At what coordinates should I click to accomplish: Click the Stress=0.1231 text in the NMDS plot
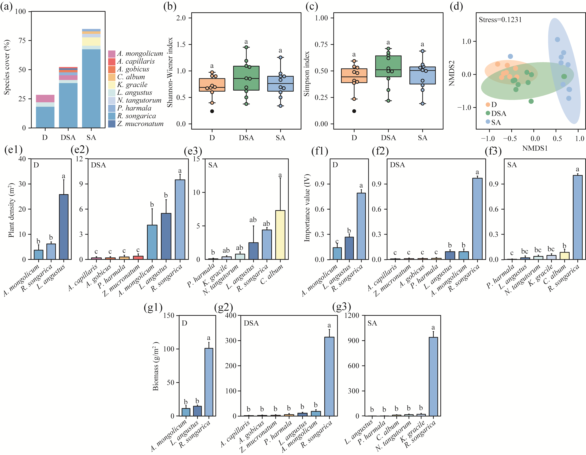[x=500, y=20]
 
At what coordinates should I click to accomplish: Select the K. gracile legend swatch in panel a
[x=112, y=85]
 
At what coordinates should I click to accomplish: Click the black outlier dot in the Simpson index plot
[x=354, y=111]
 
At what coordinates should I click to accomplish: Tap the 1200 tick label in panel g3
[x=352, y=315]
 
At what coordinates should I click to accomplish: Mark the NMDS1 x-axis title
[x=535, y=148]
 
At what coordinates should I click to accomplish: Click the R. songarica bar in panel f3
[x=577, y=217]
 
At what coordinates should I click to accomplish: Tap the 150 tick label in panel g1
[x=169, y=315]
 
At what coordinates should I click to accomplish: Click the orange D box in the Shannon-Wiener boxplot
[x=212, y=85]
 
